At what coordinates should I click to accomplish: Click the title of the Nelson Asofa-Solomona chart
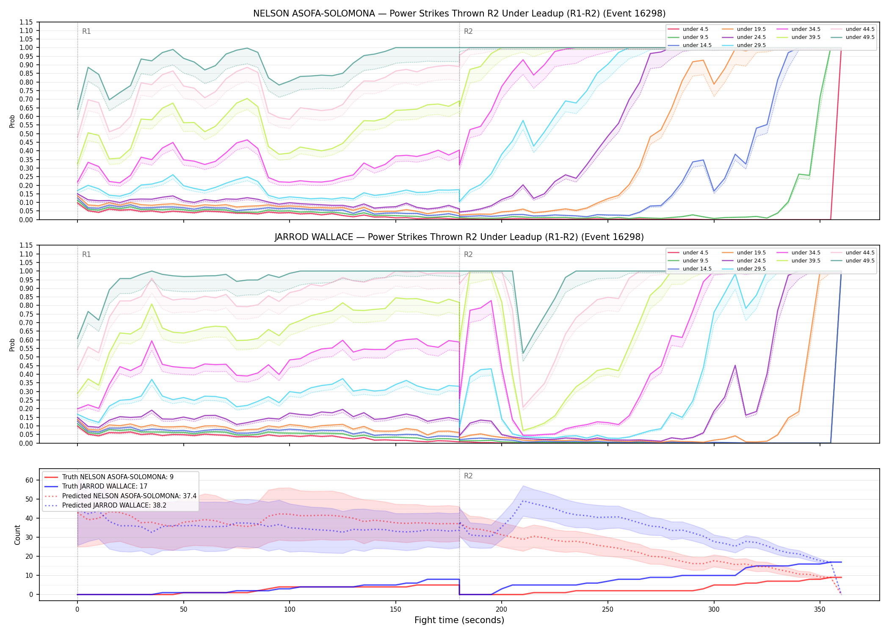459,14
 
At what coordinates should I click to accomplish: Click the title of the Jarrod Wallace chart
459,237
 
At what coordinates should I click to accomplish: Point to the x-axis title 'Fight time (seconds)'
459,620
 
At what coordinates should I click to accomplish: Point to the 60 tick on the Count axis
29,480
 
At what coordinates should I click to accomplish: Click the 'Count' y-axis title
17,535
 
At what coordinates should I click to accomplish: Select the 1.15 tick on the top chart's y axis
27,22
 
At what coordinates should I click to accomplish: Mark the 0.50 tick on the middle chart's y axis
27,357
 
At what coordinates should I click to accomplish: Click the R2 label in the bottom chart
468,476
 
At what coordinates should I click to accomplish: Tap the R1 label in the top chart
86,31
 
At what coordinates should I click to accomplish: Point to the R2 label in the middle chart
468,254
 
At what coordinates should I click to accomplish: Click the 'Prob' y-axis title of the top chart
12,121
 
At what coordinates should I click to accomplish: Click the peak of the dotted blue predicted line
523,501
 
